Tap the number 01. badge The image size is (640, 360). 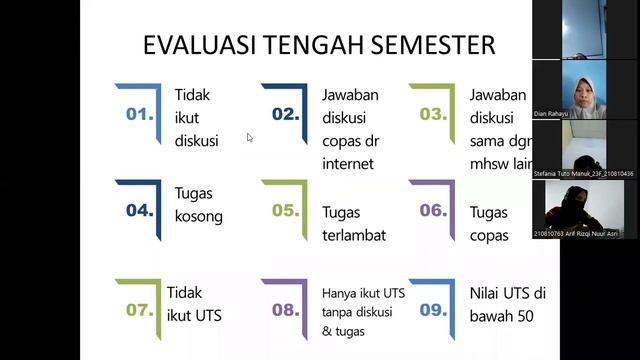pos(139,114)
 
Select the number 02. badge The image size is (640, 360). pos(285,114)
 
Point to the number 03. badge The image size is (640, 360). pos(432,114)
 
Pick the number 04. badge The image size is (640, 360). pos(139,210)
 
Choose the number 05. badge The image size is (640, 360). pos(285,210)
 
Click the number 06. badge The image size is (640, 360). pos(432,210)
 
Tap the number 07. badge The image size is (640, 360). pos(139,309)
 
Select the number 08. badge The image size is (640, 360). pos(285,309)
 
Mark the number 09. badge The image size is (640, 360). pos(432,309)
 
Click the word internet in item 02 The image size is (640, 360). pos(347,164)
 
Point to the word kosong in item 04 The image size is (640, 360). pos(198,216)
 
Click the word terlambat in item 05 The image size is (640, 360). pos(353,236)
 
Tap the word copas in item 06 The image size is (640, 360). pos(488,236)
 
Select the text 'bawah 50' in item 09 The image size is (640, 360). pos(501,317)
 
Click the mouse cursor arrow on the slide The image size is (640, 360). pos(250,138)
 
